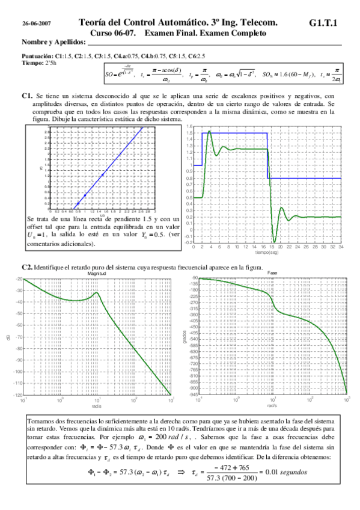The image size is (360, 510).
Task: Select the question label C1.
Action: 26,96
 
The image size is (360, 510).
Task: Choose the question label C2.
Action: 26,266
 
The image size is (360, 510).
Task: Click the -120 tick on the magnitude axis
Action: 17,395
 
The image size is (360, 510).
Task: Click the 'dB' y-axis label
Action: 8,337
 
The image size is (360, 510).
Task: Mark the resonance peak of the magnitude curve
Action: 97,293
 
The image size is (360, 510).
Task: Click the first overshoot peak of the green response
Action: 209,131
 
